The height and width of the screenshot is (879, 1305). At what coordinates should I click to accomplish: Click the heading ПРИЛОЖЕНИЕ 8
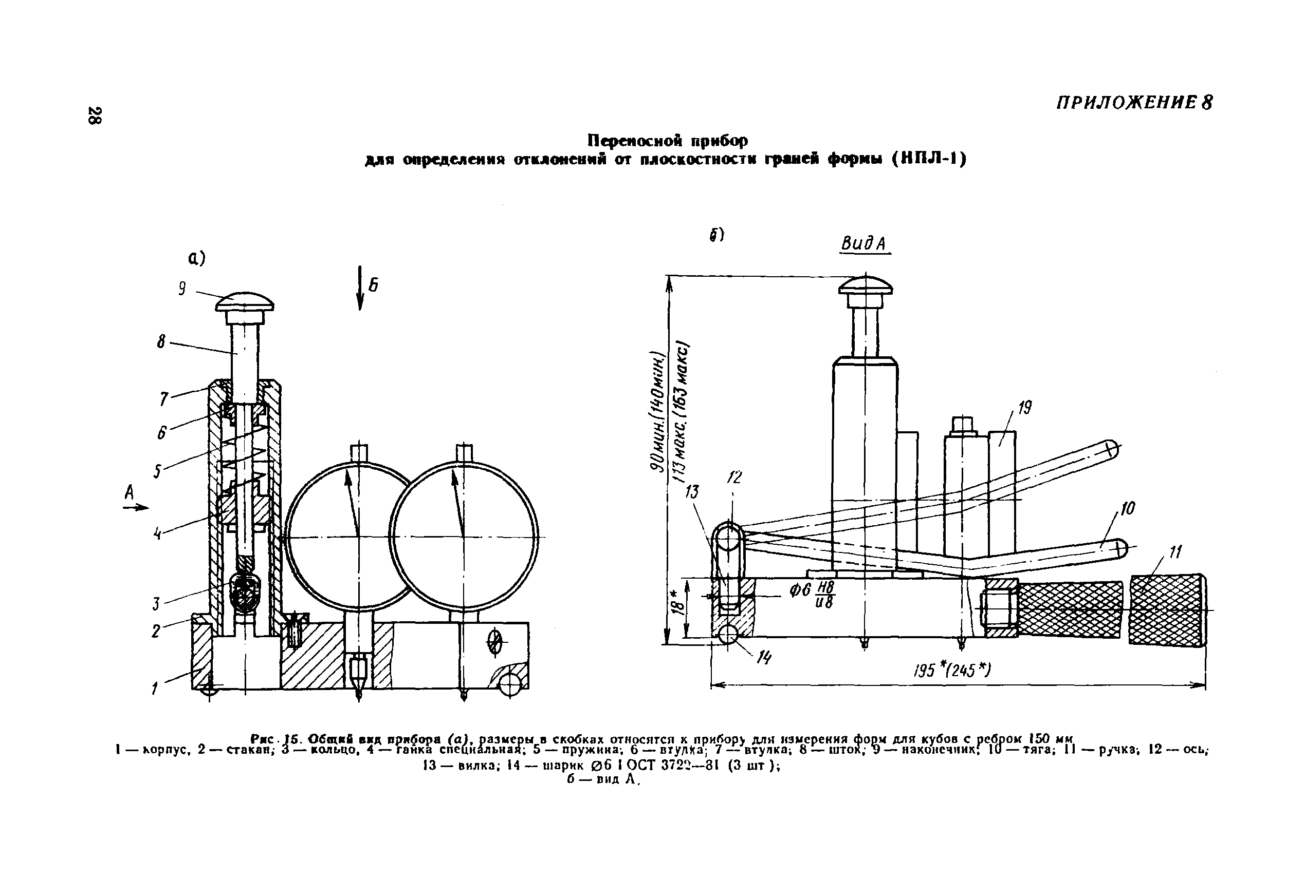click(1134, 103)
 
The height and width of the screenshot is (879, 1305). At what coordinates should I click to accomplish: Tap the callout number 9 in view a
click(182, 289)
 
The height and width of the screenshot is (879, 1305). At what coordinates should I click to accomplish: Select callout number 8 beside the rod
click(161, 341)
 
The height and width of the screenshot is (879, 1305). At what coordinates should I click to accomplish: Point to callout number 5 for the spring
click(158, 471)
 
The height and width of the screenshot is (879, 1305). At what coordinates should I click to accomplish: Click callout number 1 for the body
click(155, 688)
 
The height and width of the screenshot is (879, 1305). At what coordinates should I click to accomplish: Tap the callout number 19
click(1024, 408)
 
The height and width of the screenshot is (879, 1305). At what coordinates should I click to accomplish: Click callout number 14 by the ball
click(764, 658)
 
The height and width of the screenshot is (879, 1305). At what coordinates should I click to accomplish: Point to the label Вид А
click(864, 243)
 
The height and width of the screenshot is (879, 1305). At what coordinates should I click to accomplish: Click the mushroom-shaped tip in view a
click(245, 303)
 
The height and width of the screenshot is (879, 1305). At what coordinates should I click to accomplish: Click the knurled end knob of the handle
click(1166, 610)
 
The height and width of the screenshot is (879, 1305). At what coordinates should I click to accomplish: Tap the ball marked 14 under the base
click(728, 634)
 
